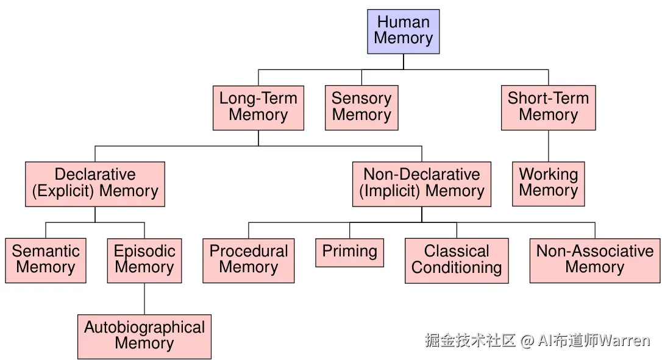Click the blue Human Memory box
pyautogui.click(x=403, y=31)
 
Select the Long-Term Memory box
pyautogui.click(x=258, y=107)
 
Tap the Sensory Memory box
pyautogui.click(x=361, y=107)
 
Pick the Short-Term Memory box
pyautogui.click(x=548, y=107)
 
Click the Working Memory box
pyautogui.click(x=548, y=183)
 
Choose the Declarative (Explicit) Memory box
pyautogui.click(x=95, y=183)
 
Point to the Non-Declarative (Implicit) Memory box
pyautogui.click(x=421, y=183)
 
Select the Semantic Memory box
pyautogui.click(x=46, y=260)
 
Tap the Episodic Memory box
pyautogui.click(x=144, y=260)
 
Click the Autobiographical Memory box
pyautogui.click(x=144, y=336)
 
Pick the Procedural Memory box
pyautogui.click(x=248, y=260)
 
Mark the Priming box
pyautogui.click(x=349, y=252)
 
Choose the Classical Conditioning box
pyautogui.click(x=457, y=260)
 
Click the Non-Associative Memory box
pyautogui.click(x=594, y=260)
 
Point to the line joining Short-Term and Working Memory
pyautogui.click(x=548, y=146)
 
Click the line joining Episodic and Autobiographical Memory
pyautogui.click(x=144, y=298)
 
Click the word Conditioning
pyautogui.click(x=457, y=268)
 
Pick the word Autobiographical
pyautogui.click(x=144, y=328)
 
